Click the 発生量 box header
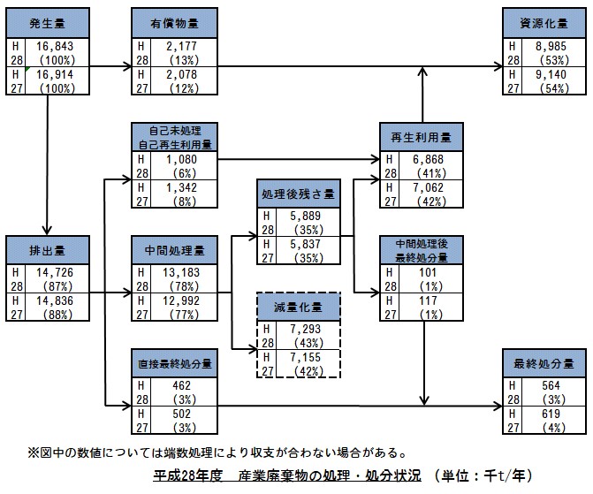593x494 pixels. pyautogui.click(x=45, y=23)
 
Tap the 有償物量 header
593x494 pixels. pyautogui.click(x=171, y=23)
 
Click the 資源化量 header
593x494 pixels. pyautogui.click(x=542, y=23)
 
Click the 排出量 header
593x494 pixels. pyautogui.click(x=45, y=250)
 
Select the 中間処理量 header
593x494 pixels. pyautogui.click(x=171, y=250)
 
